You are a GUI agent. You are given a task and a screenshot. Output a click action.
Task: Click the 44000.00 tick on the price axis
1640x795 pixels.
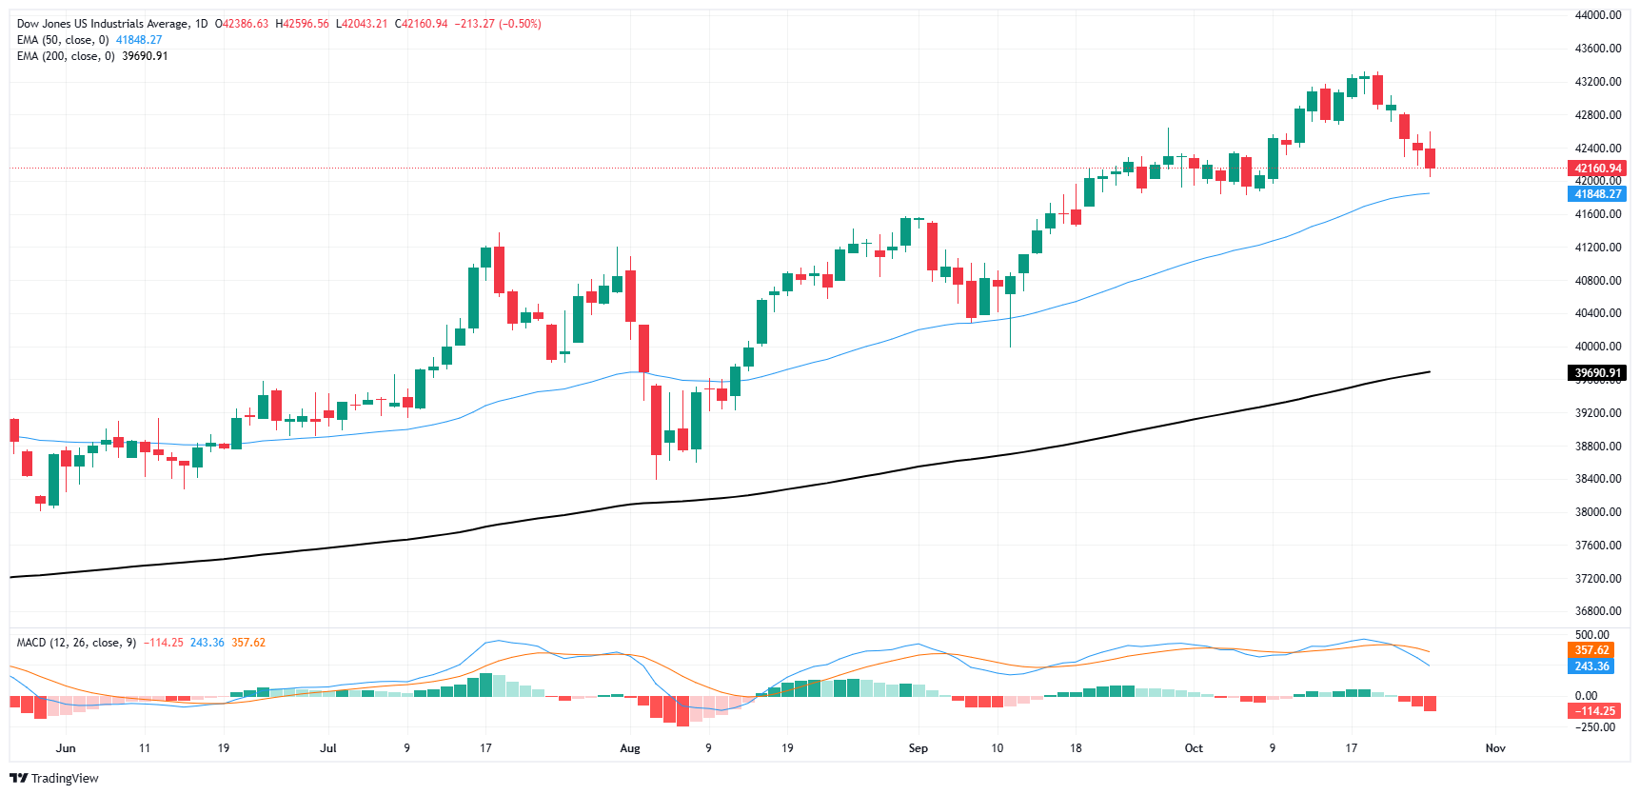pyautogui.click(x=1597, y=15)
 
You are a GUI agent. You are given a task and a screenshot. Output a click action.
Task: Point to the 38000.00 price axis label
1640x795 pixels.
pyautogui.click(x=1597, y=512)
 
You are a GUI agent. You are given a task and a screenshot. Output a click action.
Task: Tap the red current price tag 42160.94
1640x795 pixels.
pyautogui.click(x=1597, y=169)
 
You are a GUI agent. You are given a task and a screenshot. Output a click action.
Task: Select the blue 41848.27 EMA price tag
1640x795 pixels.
pyautogui.click(x=1597, y=194)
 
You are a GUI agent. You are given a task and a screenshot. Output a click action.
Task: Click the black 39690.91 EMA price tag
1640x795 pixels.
pyautogui.click(x=1597, y=373)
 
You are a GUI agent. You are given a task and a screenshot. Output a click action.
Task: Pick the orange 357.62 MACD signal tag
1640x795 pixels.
pyautogui.click(x=1591, y=650)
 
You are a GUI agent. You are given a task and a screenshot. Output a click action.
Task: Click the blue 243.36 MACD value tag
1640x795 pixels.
pyautogui.click(x=1591, y=666)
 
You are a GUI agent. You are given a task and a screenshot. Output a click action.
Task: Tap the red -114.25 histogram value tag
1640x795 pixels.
pyautogui.click(x=1591, y=711)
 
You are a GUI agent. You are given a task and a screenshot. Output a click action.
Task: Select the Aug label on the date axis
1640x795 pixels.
pyautogui.click(x=630, y=748)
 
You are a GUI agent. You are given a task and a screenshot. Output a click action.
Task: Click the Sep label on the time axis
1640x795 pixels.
pyautogui.click(x=918, y=748)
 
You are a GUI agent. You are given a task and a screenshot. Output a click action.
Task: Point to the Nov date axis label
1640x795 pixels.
pyautogui.click(x=1495, y=748)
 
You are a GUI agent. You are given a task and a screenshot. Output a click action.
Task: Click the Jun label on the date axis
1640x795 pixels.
pyautogui.click(x=66, y=748)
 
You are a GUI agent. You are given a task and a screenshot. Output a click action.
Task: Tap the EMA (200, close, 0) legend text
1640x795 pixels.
pyautogui.click(x=66, y=56)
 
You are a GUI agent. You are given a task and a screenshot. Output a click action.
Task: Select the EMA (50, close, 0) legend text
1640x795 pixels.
pyautogui.click(x=63, y=40)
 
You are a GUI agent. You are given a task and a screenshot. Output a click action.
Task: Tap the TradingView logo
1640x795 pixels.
pyautogui.click(x=54, y=778)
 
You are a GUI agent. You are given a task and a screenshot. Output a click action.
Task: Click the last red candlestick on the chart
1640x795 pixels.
pyautogui.click(x=1430, y=158)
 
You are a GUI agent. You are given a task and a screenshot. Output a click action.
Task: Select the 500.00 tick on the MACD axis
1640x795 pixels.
pyautogui.click(x=1591, y=635)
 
